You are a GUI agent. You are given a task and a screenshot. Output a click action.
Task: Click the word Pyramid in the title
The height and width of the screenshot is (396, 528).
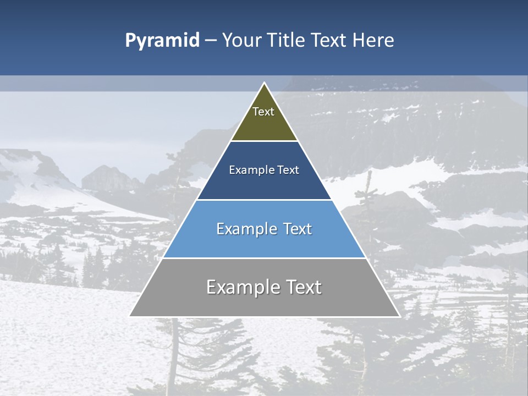point(162,41)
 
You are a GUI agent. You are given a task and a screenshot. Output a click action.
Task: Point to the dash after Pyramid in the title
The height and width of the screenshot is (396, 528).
point(211,41)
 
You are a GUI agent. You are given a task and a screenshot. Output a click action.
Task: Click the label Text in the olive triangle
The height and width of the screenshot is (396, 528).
point(263,112)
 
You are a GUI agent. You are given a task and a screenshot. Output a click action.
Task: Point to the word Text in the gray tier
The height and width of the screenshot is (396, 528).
point(302,287)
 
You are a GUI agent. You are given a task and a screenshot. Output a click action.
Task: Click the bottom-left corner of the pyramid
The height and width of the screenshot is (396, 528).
point(130,316)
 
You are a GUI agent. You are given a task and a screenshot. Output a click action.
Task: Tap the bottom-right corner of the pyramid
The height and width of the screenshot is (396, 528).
point(399,316)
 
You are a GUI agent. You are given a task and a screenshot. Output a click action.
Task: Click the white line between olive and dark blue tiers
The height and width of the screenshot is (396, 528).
point(264,141)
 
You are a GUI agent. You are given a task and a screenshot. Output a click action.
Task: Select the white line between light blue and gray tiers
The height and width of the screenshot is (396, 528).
point(264,258)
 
